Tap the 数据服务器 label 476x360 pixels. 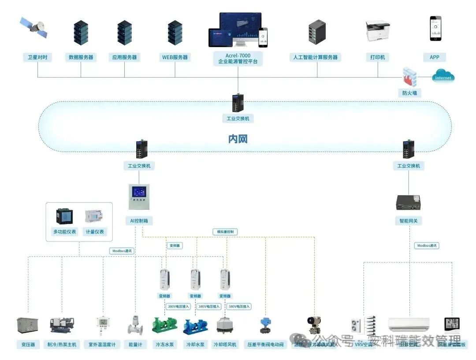click(x=81, y=57)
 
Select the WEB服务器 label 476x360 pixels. click(x=175, y=57)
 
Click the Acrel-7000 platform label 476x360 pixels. click(x=238, y=58)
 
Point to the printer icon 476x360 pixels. click(x=377, y=30)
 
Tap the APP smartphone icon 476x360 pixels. click(x=435, y=28)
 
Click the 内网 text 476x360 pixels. click(x=238, y=139)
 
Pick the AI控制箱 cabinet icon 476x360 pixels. click(x=139, y=197)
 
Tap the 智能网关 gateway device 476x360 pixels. click(x=409, y=201)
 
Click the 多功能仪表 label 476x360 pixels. click(x=64, y=232)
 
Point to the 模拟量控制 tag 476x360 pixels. click(x=225, y=232)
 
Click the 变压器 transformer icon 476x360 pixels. click(x=27, y=325)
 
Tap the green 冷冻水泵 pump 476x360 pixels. click(x=164, y=325)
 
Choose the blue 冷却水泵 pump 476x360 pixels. click(x=195, y=326)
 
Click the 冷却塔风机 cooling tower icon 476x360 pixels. click(x=225, y=325)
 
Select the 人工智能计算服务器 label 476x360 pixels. click(x=316, y=57)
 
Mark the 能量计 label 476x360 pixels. click(x=135, y=344)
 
